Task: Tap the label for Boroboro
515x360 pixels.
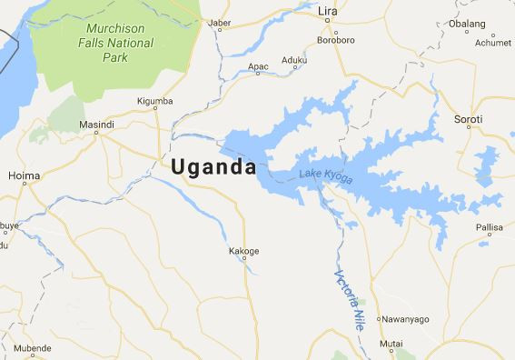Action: point(338,39)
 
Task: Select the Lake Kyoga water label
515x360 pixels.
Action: point(325,178)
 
